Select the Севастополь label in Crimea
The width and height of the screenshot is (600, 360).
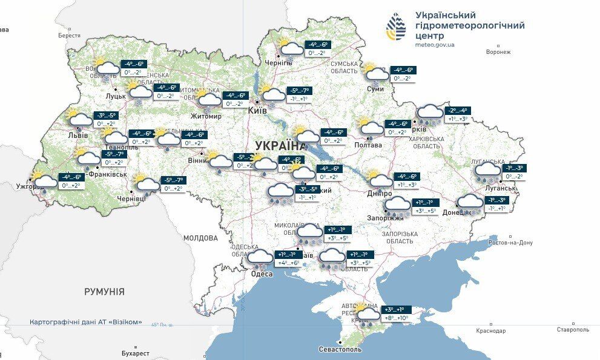coord(340,349)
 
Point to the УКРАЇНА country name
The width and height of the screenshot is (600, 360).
coord(280,145)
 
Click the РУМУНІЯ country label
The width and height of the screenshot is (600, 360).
coord(104,292)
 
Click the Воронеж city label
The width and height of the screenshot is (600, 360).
coord(498,52)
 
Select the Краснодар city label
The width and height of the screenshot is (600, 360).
coord(491,330)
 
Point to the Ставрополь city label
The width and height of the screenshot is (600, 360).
coord(573,330)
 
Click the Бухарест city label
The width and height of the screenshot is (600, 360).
coord(134,353)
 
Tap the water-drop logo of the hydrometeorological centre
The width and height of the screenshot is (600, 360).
coord(397,27)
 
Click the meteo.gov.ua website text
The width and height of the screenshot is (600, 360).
coord(435,45)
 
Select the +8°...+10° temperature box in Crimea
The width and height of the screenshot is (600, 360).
coord(397,318)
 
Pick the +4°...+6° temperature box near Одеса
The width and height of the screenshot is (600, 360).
coord(288,263)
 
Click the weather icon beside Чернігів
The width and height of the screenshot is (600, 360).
coord(289,48)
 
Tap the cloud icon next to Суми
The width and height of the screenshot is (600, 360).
coord(376,73)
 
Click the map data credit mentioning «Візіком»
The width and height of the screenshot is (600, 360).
coord(86,322)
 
